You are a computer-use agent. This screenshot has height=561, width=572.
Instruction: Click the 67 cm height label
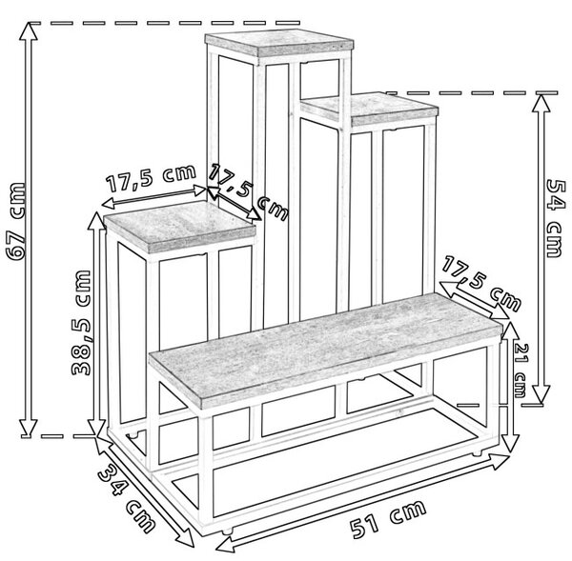coord(16,221)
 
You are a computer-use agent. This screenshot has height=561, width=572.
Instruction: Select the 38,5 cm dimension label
coord(80,323)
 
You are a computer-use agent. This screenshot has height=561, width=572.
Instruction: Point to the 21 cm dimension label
coord(520,370)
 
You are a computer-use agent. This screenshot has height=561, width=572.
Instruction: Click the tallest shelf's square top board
coord(279,43)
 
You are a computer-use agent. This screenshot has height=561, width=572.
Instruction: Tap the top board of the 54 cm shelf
coord(369,109)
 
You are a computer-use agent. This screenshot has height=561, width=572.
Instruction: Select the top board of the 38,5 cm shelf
coord(180,226)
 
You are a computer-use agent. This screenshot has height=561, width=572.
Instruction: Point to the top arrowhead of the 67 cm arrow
coord(29,30)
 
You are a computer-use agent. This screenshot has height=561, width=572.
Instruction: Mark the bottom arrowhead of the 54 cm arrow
coord(541,394)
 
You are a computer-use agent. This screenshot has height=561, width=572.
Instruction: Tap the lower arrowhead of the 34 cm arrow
coord(185,537)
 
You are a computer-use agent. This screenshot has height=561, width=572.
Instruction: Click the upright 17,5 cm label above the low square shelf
coord(151,179)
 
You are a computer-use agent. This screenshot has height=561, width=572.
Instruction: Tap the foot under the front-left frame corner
coord(227,531)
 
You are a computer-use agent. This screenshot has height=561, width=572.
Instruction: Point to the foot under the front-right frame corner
coord(476,453)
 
